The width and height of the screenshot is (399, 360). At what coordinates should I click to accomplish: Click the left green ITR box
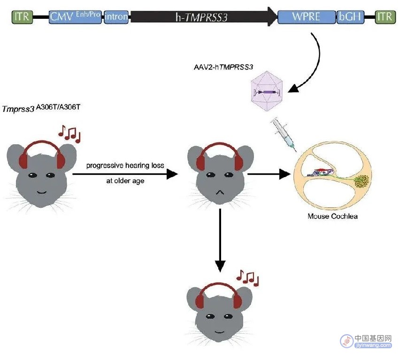(x=22, y=17)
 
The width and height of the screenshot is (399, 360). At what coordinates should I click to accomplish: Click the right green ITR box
(x=385, y=17)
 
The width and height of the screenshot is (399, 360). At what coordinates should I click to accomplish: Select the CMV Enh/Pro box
(x=75, y=17)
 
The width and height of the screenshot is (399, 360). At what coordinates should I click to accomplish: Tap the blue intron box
(x=116, y=17)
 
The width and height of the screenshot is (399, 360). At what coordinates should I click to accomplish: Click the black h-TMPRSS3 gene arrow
(x=204, y=17)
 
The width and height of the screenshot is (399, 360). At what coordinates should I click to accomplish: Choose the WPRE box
(x=307, y=17)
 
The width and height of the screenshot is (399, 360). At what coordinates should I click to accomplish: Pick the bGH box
(x=350, y=17)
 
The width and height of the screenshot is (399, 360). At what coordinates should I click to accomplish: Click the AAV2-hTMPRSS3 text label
(x=223, y=67)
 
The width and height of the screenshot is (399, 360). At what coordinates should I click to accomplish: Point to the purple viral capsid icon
(x=267, y=91)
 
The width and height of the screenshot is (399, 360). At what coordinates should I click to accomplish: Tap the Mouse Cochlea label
(x=333, y=216)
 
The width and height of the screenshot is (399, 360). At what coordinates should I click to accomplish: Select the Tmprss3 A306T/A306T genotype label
(x=41, y=108)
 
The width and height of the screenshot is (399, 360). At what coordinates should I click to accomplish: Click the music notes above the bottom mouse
(x=247, y=278)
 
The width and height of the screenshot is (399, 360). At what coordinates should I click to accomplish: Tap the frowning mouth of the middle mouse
(x=220, y=192)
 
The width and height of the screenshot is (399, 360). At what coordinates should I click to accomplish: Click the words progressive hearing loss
(x=125, y=165)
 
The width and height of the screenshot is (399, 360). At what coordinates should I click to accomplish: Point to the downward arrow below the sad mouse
(x=220, y=240)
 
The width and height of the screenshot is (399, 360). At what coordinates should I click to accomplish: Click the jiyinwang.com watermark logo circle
(x=347, y=341)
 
